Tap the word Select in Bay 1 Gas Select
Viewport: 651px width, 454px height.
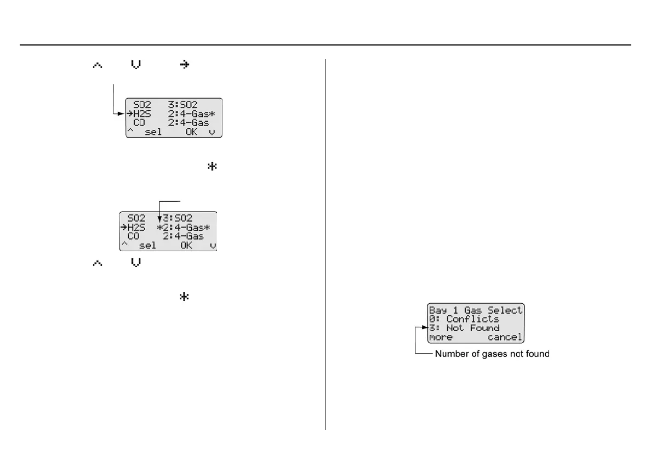(x=505, y=310)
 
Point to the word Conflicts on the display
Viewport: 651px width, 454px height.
(x=472, y=319)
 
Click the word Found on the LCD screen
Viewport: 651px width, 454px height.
(x=484, y=328)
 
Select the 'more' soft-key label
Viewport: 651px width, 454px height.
(x=441, y=337)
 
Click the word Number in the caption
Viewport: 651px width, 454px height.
(x=450, y=354)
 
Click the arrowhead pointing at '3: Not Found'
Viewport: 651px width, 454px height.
(x=425, y=328)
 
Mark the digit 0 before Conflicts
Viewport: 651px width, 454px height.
(x=432, y=319)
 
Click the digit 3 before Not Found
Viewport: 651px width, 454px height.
(x=432, y=328)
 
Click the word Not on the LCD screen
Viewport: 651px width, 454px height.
(x=455, y=328)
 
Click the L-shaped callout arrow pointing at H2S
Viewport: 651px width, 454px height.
(x=118, y=113)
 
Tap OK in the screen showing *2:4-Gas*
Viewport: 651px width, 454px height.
(x=186, y=245)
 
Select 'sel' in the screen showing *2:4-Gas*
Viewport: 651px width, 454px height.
(x=147, y=245)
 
